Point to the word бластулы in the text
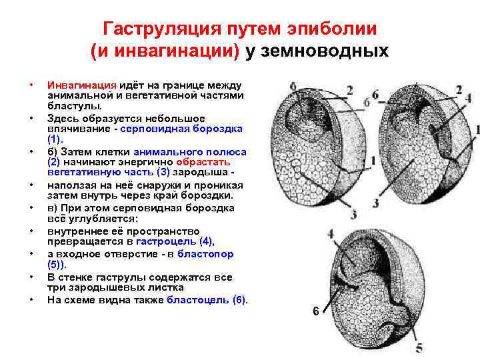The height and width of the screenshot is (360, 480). click(x=75, y=105)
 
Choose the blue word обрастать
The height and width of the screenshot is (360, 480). click(x=203, y=162)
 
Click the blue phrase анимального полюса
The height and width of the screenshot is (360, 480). click(x=189, y=152)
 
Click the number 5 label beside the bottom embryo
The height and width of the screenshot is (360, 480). click(x=419, y=347)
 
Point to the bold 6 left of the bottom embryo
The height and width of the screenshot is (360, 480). click(x=317, y=311)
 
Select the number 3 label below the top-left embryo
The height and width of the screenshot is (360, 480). click(x=353, y=215)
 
